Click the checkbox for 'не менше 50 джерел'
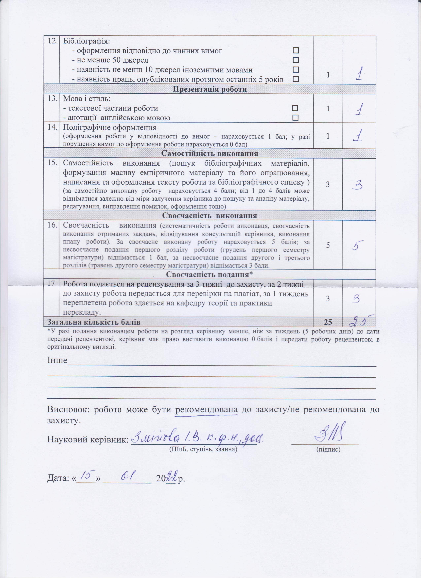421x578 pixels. click(296, 60)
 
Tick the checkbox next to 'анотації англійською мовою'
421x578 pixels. click(295, 118)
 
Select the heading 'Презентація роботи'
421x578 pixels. click(210, 89)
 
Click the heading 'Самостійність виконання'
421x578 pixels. click(210, 154)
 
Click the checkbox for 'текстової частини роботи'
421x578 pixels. click(295, 108)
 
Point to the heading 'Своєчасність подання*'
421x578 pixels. click(210, 275)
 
